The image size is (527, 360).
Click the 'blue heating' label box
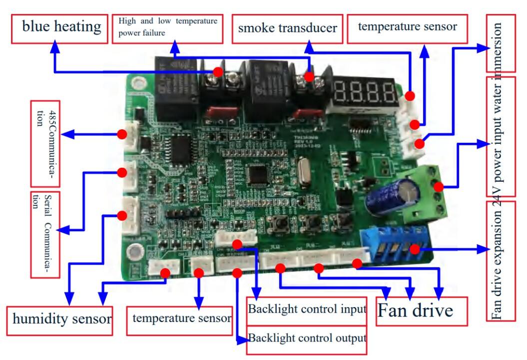coord(61,27)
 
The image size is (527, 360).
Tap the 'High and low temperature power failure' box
coord(168,27)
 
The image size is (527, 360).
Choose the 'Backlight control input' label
coord(307,309)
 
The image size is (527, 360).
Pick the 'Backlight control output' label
coord(307,338)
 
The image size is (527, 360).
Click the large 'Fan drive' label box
coord(421,312)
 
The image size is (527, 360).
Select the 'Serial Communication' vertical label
coord(45,234)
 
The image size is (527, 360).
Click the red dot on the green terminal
coord(439,187)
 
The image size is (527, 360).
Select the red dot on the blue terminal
coord(414,249)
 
